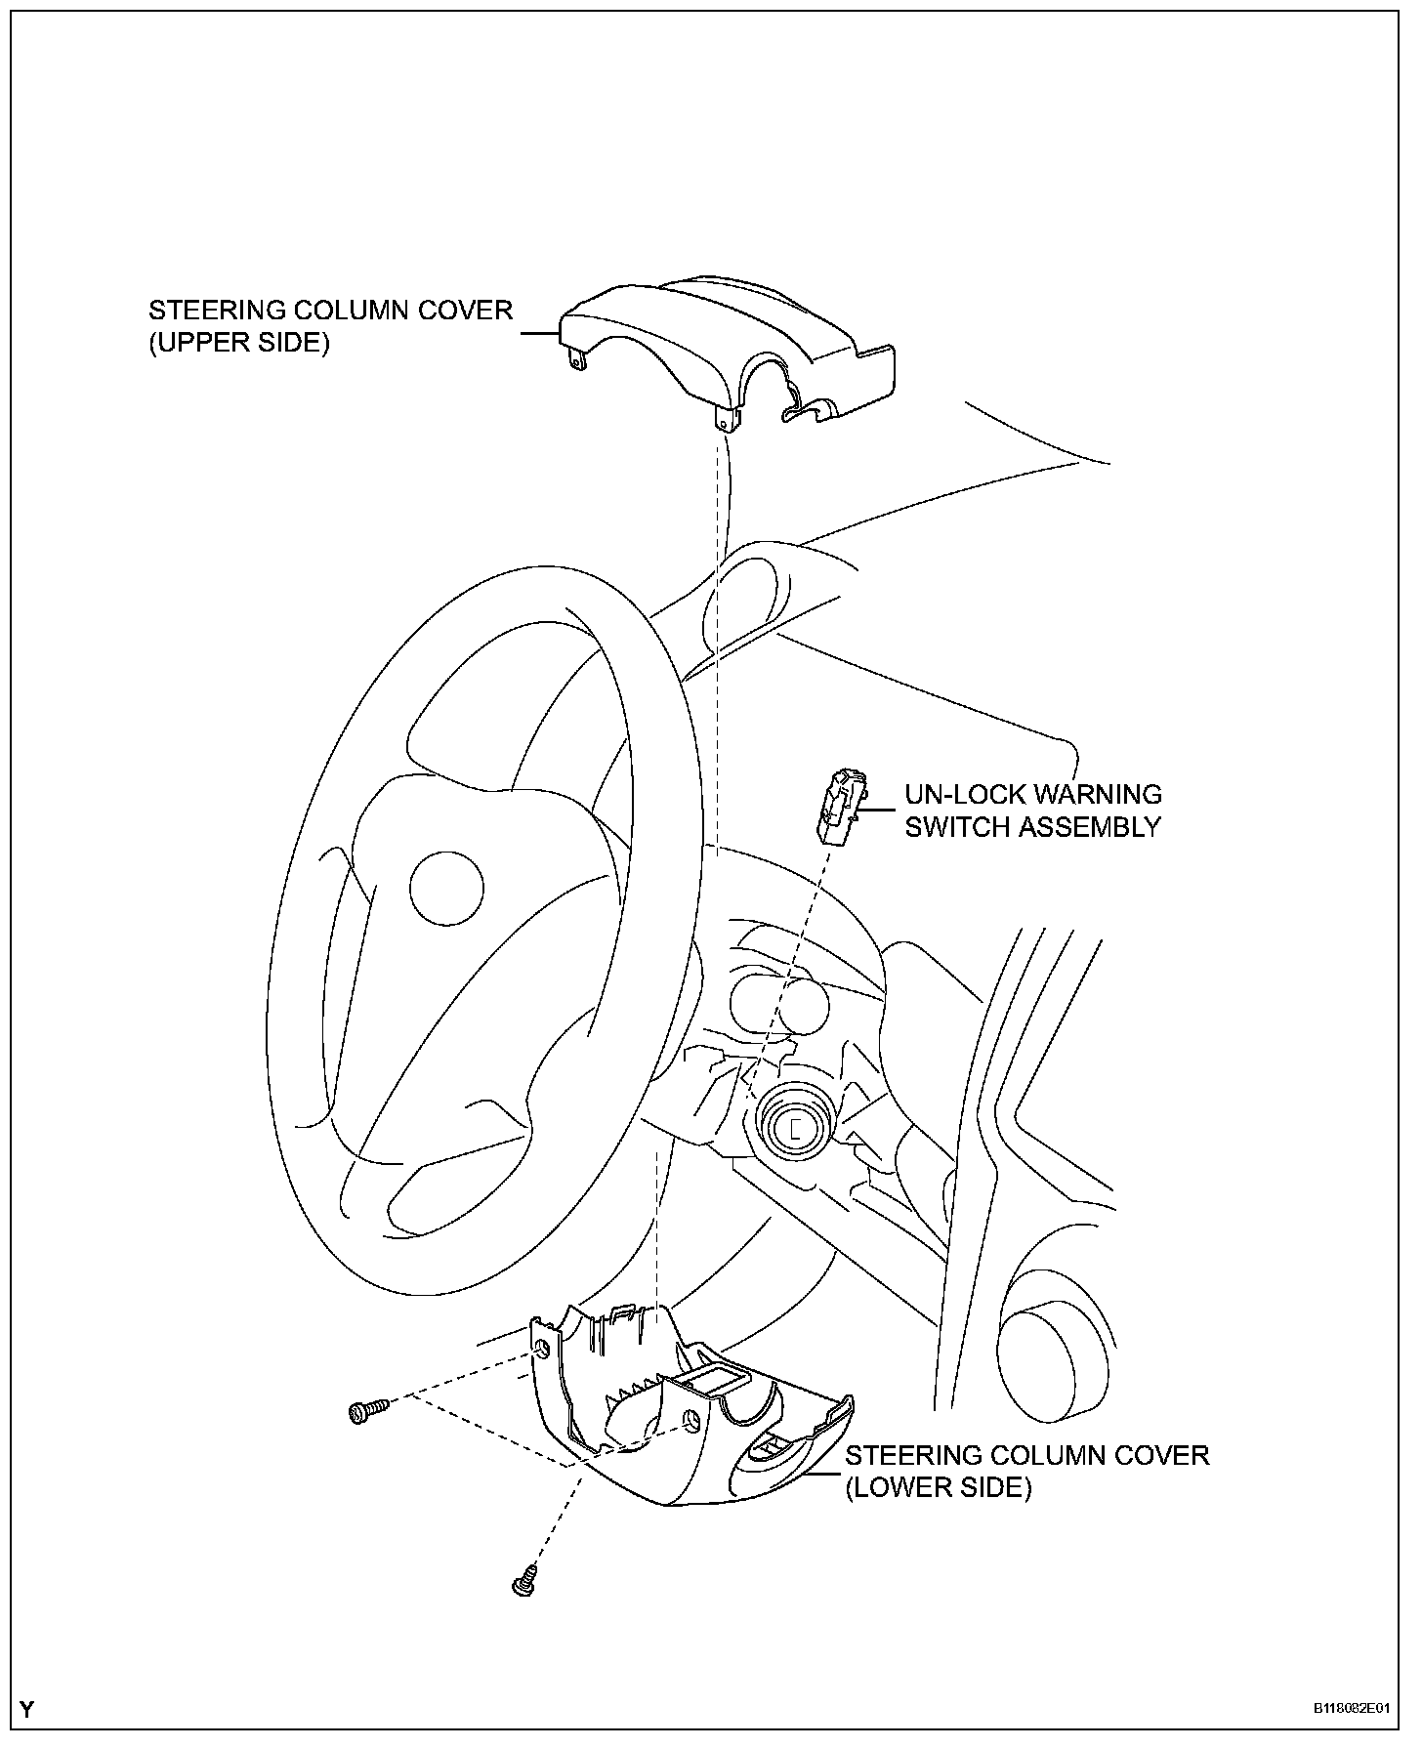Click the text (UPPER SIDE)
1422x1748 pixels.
pyautogui.click(x=239, y=343)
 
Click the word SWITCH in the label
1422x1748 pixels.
pyautogui.click(x=957, y=827)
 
